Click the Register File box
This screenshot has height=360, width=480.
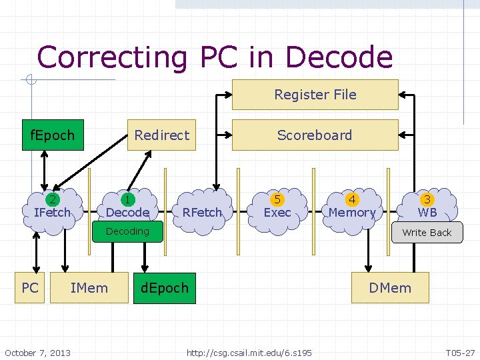(315, 95)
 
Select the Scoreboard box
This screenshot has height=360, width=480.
(315, 135)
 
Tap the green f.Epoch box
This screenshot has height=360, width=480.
(53, 135)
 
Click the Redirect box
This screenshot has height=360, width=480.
(161, 135)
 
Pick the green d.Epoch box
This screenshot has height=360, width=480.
(165, 288)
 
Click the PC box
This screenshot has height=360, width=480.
(30, 288)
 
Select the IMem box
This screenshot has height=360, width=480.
(89, 288)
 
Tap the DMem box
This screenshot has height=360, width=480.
(390, 288)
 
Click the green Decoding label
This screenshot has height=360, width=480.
(127, 231)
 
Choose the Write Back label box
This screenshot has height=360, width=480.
(427, 233)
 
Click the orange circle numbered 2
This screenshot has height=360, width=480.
(52, 199)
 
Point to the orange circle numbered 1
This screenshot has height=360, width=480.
(127, 199)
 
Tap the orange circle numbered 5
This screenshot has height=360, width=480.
(277, 199)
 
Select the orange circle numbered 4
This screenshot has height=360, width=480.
(352, 199)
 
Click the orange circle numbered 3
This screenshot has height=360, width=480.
(427, 199)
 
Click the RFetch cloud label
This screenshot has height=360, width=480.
(202, 213)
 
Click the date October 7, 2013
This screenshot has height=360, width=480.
(37, 352)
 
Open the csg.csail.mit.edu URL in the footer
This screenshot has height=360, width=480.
(249, 352)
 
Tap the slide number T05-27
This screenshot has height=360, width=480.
(460, 352)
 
